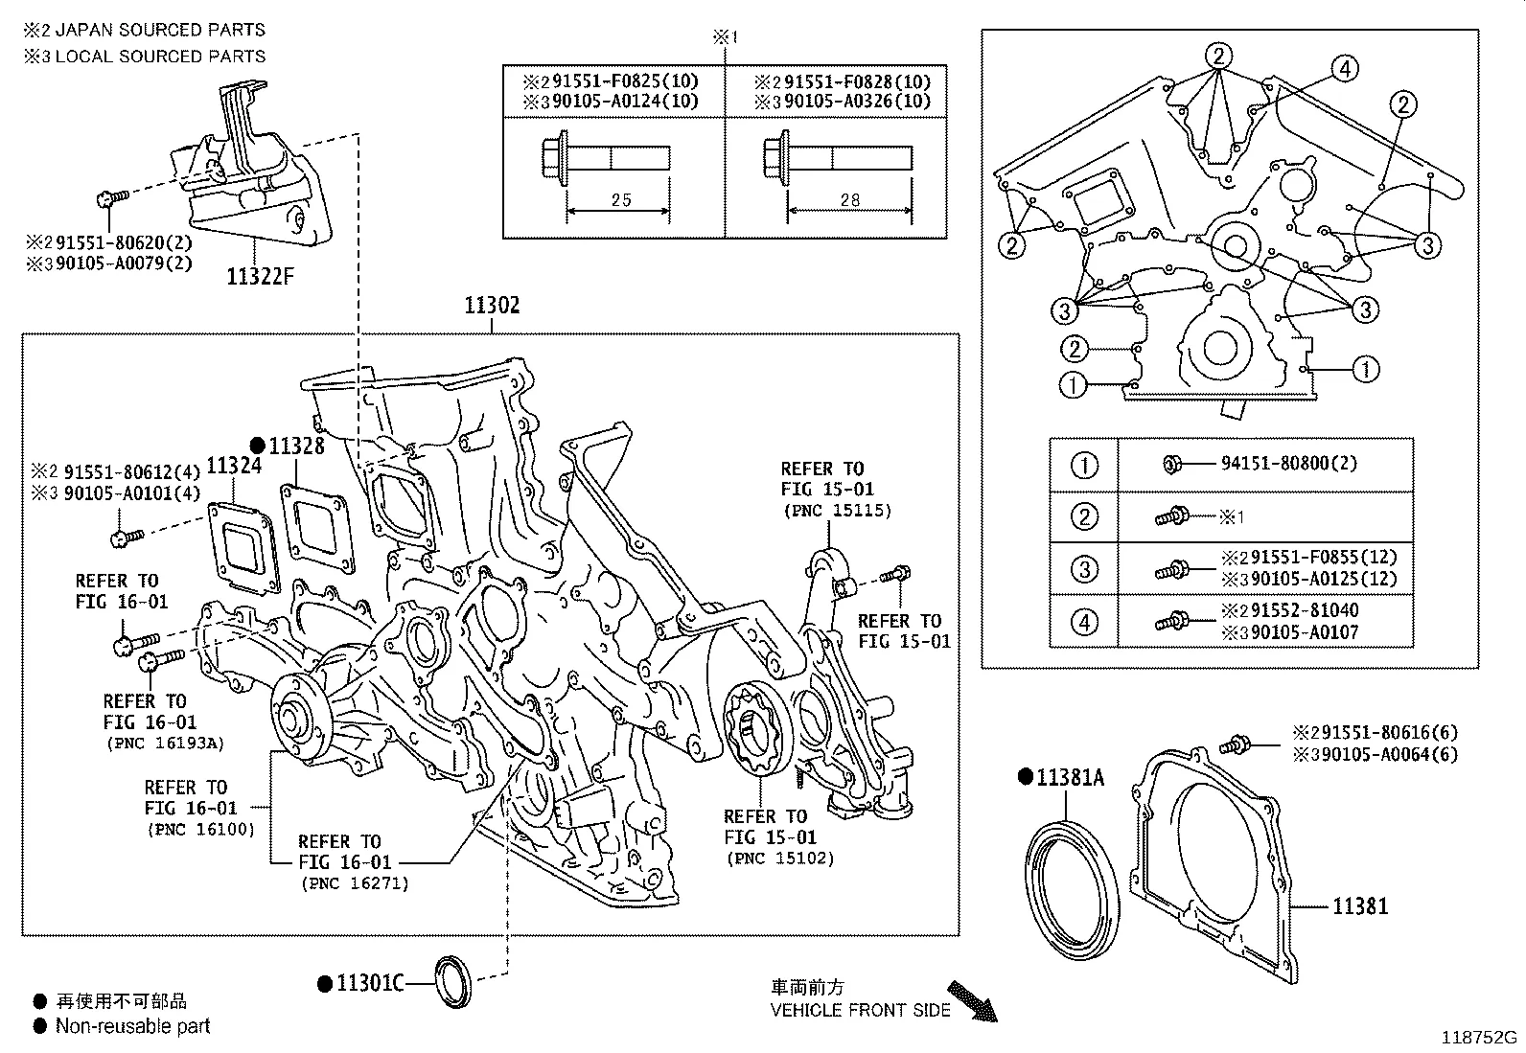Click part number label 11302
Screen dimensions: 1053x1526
492,306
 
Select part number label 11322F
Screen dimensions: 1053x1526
260,277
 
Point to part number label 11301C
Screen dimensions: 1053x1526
370,983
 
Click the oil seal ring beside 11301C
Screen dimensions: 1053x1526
453,982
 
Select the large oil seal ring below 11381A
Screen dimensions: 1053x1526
1072,886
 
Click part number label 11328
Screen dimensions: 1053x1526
296,446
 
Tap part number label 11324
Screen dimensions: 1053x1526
234,466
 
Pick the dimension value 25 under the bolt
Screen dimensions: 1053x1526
621,200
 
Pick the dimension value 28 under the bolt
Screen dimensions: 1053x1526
849,200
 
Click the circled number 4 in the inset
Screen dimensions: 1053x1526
1345,68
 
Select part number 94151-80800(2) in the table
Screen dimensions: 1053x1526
1288,464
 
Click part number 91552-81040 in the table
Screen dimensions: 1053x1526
1304,610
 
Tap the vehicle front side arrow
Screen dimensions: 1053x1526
972,1000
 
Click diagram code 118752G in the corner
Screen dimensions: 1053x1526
1482,1037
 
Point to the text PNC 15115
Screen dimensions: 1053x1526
837,511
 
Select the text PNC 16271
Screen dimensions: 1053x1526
354,883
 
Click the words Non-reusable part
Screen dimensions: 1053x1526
132,1027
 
